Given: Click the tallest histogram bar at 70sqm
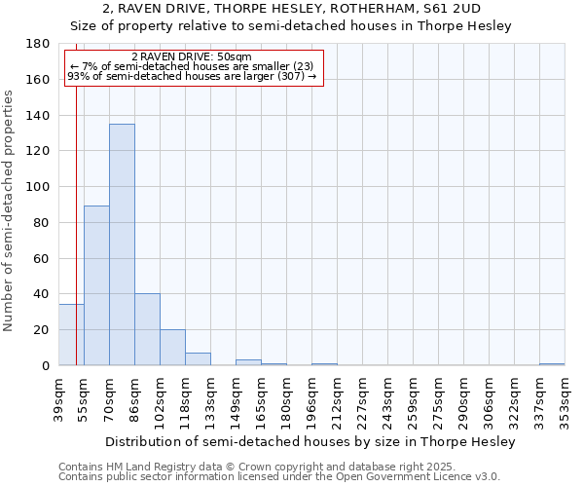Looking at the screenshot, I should (x=122, y=244).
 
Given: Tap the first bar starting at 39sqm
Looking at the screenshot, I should (x=71, y=335).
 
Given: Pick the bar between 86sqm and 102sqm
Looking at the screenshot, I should (x=147, y=329).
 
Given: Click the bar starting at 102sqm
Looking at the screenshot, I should (x=172, y=348).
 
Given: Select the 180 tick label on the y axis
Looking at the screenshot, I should (x=39, y=44).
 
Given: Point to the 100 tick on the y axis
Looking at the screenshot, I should (x=39, y=187).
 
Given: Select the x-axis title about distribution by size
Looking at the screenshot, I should (x=310, y=441).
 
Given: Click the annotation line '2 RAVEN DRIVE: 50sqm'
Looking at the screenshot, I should (x=192, y=57).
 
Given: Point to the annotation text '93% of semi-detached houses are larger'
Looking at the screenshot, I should (x=192, y=77).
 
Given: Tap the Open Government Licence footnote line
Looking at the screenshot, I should (x=279, y=477).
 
